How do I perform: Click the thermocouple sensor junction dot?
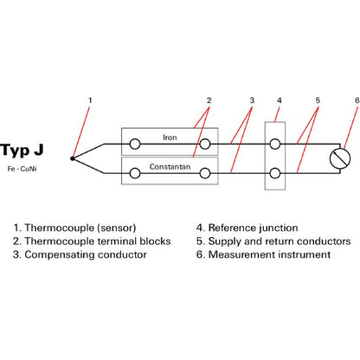(x=72, y=158)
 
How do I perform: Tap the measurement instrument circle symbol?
(x=340, y=158)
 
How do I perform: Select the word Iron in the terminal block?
(x=170, y=138)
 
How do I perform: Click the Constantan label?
(x=170, y=167)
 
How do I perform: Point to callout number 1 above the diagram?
(x=90, y=100)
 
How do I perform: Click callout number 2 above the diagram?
(x=209, y=100)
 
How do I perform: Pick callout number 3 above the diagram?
(x=252, y=100)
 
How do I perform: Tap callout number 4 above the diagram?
(x=279, y=100)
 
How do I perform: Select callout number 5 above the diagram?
(x=318, y=100)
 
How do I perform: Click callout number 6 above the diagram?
(x=357, y=100)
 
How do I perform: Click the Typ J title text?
(x=22, y=151)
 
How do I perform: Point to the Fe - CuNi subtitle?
(x=22, y=169)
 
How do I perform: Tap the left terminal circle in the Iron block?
(x=135, y=144)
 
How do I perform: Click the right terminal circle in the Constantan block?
(x=205, y=173)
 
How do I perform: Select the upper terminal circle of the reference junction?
(x=275, y=144)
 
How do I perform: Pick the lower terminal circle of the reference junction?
(x=275, y=173)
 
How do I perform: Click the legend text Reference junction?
(x=253, y=228)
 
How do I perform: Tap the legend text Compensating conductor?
(x=86, y=254)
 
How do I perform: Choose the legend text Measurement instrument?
(x=269, y=254)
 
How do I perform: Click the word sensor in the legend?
(x=116, y=228)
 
